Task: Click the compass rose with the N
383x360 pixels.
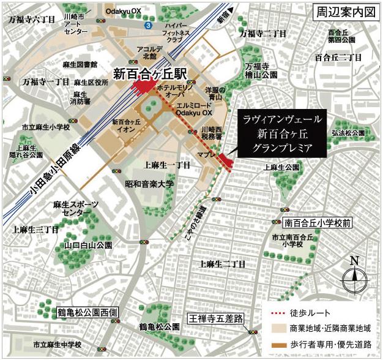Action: click(354, 279)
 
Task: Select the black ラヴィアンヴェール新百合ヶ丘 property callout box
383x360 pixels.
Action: click(282, 133)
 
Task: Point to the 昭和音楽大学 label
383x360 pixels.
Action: click(149, 183)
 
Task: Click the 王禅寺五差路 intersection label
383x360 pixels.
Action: click(215, 319)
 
